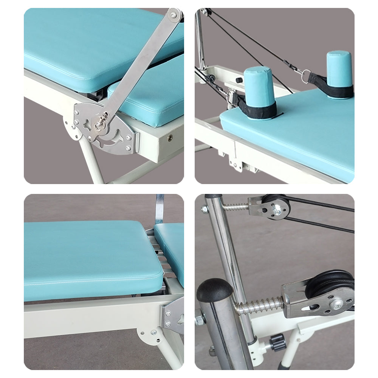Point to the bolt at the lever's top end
pos(174,15)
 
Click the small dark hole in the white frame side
pos(169,139)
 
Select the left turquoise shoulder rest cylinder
pos(259,88)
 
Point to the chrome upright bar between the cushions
pos(160,208)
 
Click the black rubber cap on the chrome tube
pos(214,289)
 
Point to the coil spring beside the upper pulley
pos(235,207)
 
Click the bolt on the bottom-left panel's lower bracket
pos(153,333)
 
